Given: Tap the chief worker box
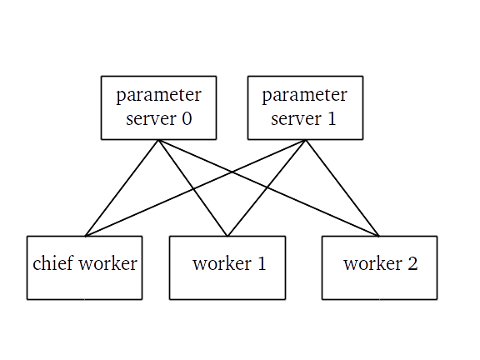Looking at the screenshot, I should tap(84, 283).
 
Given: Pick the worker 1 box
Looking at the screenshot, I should tap(227, 283).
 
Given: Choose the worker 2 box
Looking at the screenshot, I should tap(379, 283).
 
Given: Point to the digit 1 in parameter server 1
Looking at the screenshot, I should tap(332, 118).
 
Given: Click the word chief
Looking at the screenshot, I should tap(52, 265).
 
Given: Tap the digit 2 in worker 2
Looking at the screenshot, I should tap(411, 265).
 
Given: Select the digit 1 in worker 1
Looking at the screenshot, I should tap(261, 265).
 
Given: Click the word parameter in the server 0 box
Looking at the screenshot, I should tap(158, 95).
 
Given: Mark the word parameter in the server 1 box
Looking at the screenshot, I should tap(305, 95).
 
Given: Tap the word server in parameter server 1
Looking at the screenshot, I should tap(294, 118).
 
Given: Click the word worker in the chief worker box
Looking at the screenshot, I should tap(107, 265).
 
